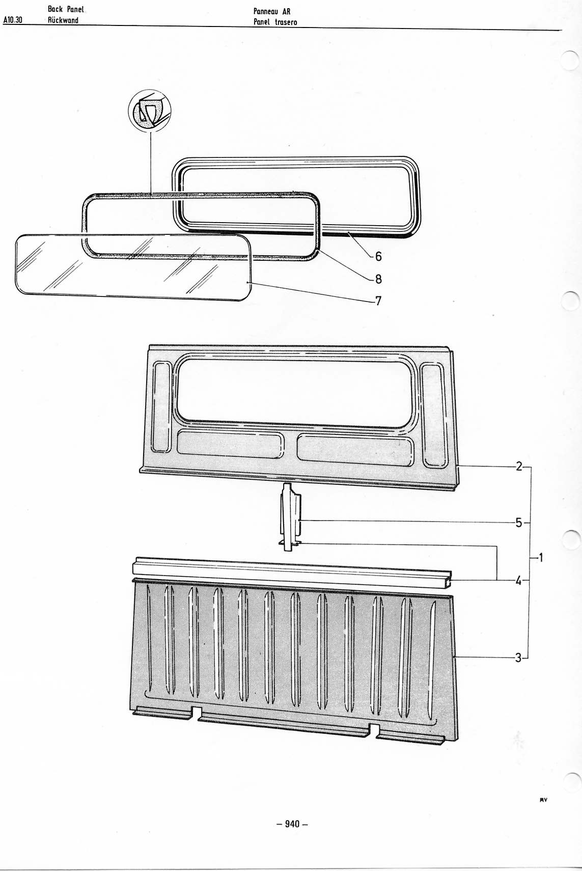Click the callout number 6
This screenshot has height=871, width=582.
pyautogui.click(x=378, y=256)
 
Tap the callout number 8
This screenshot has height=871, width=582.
pyautogui.click(x=378, y=279)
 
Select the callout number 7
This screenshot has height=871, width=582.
pyautogui.click(x=378, y=301)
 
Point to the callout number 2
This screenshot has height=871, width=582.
pyautogui.click(x=519, y=466)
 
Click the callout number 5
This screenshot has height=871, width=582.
pyautogui.click(x=519, y=523)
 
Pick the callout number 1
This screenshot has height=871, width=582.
pyautogui.click(x=540, y=558)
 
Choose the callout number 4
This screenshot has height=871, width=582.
pyautogui.click(x=519, y=581)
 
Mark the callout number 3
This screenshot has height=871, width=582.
pyautogui.click(x=518, y=658)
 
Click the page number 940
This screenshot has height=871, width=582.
pyautogui.click(x=292, y=824)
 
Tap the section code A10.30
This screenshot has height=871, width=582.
pyautogui.click(x=12, y=19)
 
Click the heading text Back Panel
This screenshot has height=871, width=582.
pyautogui.click(x=66, y=9)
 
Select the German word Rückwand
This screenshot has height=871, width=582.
pyautogui.click(x=63, y=20)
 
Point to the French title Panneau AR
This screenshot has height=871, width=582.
pyautogui.click(x=272, y=11)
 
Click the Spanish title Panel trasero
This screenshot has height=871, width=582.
pyautogui.click(x=275, y=22)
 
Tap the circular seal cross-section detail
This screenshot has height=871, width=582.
pyautogui.click(x=150, y=110)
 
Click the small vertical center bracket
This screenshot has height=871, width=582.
pyautogui.click(x=291, y=517)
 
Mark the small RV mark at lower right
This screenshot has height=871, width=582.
pyautogui.click(x=543, y=800)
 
